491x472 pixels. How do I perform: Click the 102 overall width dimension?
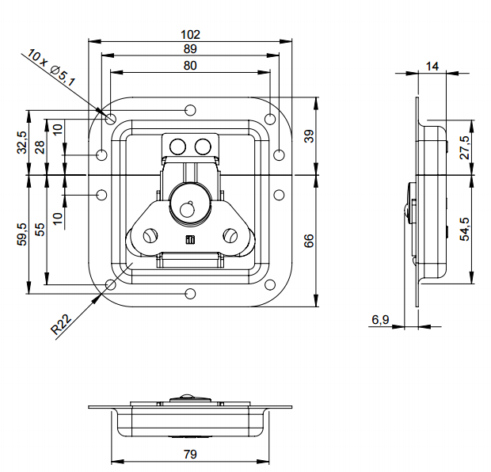(190, 34)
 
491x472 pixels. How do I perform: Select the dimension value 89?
(190, 50)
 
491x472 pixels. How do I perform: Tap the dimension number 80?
(190, 67)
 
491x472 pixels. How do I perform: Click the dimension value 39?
(308, 135)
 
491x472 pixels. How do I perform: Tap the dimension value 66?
(308, 240)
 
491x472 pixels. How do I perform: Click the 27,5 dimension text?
(464, 148)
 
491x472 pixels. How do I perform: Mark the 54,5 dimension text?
(464, 228)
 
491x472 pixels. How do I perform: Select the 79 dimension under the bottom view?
(190, 455)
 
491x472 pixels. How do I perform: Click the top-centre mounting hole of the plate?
(190, 109)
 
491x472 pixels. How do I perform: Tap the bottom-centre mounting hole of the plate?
(190, 295)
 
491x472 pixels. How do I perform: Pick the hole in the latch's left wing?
(149, 235)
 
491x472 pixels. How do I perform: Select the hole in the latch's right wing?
(230, 235)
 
